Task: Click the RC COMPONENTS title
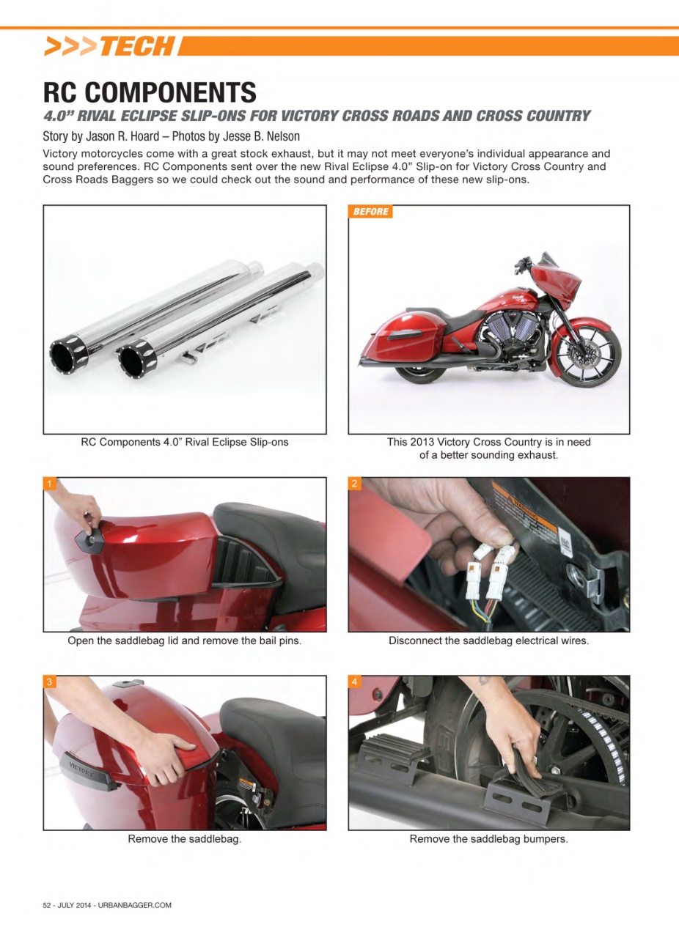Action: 150,92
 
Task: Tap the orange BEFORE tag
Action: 370,212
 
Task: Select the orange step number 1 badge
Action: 50,484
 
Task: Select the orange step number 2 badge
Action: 355,484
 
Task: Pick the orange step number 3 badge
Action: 50,682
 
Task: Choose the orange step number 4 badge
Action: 355,682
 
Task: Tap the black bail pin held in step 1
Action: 91,537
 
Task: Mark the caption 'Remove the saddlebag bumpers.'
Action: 488,839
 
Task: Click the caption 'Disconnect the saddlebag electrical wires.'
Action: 488,640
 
